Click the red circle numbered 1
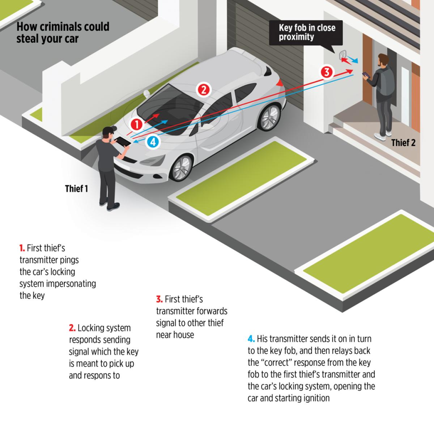[136, 124]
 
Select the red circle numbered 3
[327, 72]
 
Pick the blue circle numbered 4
[153, 142]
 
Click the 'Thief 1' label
[77, 189]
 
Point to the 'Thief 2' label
[404, 143]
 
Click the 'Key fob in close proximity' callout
[306, 33]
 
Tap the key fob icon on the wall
[342, 55]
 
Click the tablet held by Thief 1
[123, 141]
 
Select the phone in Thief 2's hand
[366, 75]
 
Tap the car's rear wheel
[270, 117]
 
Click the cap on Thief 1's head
[109, 129]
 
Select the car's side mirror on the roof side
[146, 93]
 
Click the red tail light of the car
[279, 83]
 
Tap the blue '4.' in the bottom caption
[251, 339]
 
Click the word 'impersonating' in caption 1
[71, 284]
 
